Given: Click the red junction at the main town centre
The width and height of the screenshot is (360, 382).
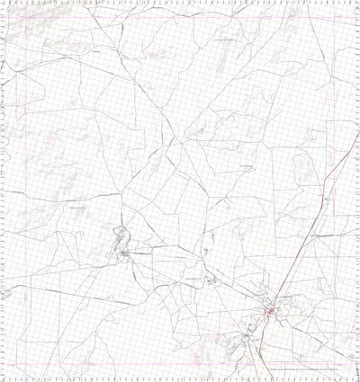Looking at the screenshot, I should tap(268, 311).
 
